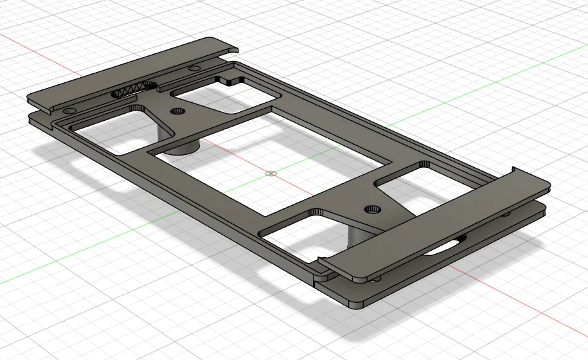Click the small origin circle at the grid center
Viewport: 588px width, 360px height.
point(271,173)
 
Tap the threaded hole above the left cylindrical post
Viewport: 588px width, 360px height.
point(178,112)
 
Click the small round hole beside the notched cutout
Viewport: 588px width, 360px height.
point(193,68)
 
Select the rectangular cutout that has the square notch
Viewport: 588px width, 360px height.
point(222,96)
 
